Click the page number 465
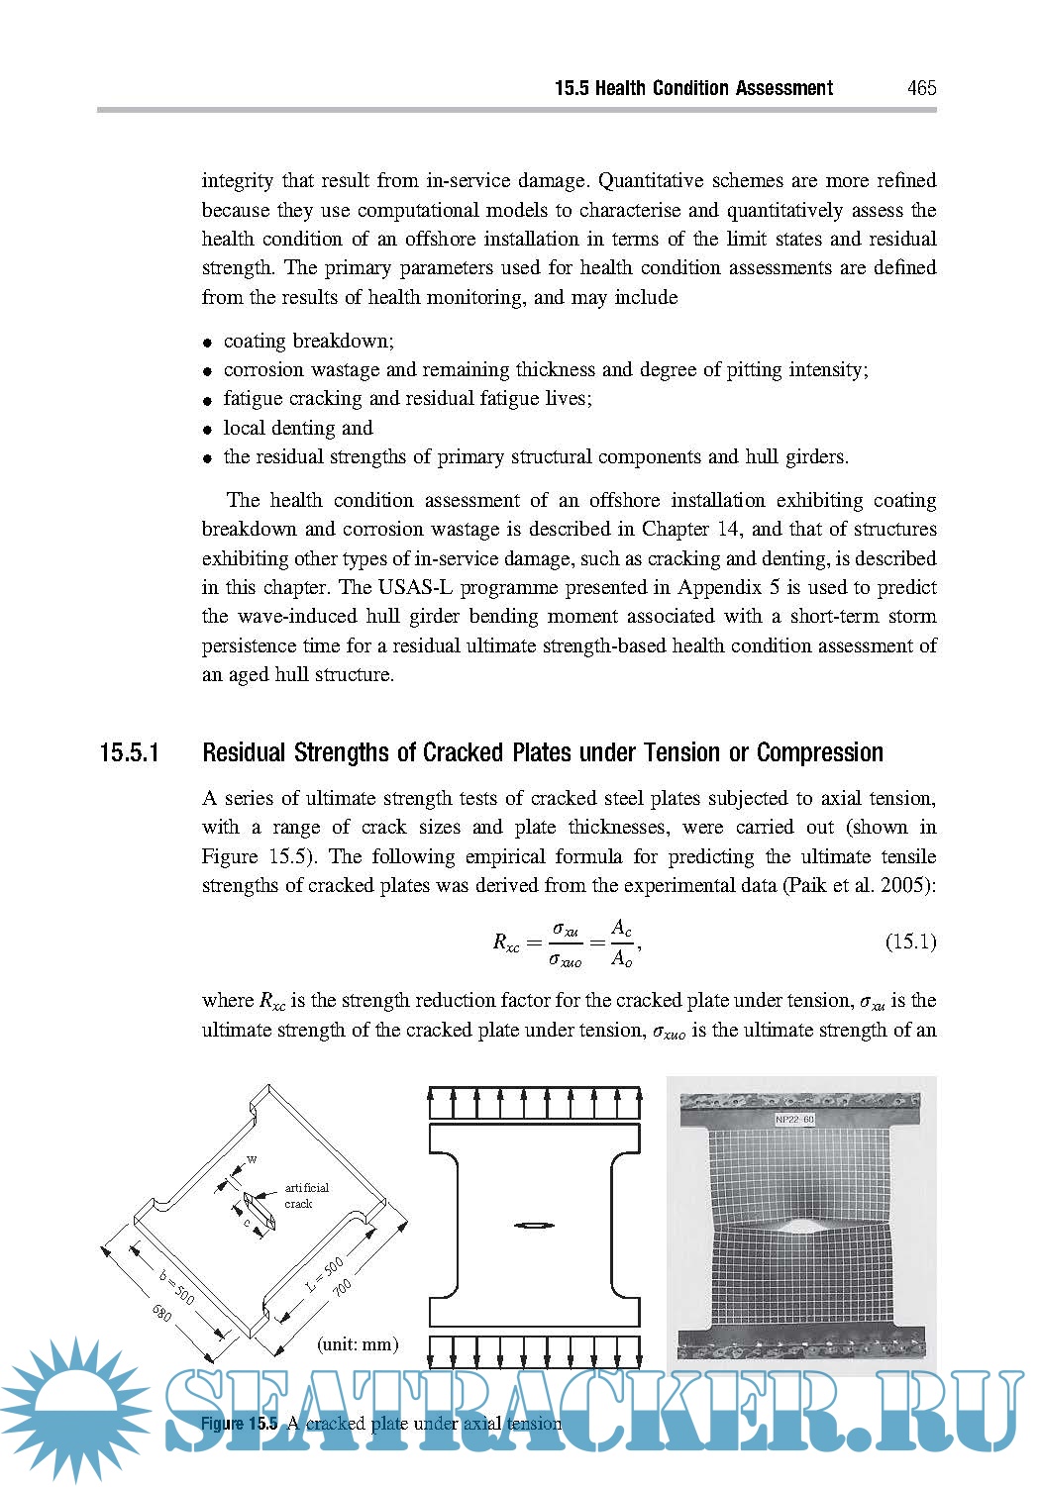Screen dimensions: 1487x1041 pyautogui.click(x=921, y=88)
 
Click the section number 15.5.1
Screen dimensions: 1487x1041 pyautogui.click(x=130, y=753)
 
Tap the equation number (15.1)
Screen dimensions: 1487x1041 pyautogui.click(x=910, y=942)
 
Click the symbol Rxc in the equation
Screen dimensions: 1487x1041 pyautogui.click(x=506, y=942)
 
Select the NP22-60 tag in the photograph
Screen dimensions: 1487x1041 pyautogui.click(x=794, y=1120)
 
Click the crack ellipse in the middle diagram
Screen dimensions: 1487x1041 pyautogui.click(x=535, y=1226)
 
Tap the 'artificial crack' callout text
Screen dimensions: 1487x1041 pyautogui.click(x=306, y=1196)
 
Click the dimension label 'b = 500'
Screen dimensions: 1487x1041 pyautogui.click(x=178, y=1284)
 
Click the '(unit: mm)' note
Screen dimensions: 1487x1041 pyautogui.click(x=358, y=1344)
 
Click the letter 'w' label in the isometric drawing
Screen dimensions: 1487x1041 pyautogui.click(x=252, y=1159)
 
